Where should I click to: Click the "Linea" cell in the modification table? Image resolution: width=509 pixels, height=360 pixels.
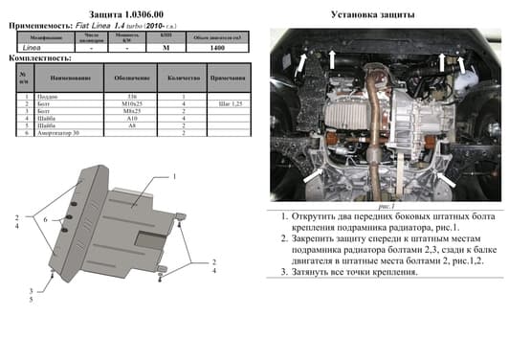pyautogui.click(x=32, y=47)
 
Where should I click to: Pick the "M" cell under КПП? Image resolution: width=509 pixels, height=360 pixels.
pyautogui.click(x=166, y=47)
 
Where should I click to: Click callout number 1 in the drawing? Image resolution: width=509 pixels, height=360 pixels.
pyautogui.click(x=175, y=178)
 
